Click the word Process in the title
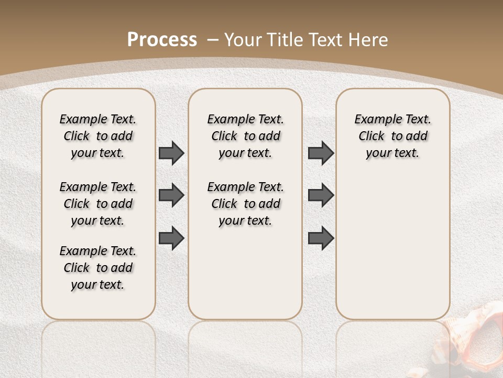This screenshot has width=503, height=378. coord(162,40)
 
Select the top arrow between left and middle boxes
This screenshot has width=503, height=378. coord(171,153)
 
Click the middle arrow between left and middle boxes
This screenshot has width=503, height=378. coord(171,195)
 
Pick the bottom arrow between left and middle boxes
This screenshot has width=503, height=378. coord(171,238)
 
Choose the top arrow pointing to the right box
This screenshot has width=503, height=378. coord(321,153)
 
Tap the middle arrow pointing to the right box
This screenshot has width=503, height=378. coord(321,195)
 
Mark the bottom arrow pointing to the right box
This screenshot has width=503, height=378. coord(321,238)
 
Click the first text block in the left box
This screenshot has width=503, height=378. coord(98,136)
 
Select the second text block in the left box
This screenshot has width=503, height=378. coord(98,204)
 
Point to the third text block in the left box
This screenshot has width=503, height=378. coord(98,268)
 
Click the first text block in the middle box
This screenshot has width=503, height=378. coord(246,136)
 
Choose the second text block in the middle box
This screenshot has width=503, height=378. coord(246,204)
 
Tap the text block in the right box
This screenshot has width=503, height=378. coord(393,136)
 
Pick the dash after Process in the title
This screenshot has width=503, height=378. coord(213,40)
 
